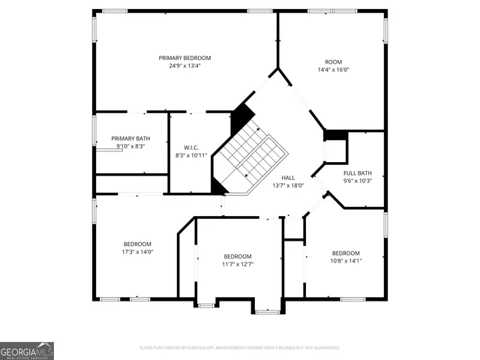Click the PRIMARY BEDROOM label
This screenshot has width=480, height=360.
tap(184, 58)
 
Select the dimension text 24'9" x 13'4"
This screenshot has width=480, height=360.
tap(184, 66)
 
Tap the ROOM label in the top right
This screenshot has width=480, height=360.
tap(333, 61)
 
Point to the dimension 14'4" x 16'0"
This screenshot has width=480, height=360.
tap(333, 70)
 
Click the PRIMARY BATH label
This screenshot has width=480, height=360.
tap(130, 139)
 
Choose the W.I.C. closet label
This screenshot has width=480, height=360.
tap(190, 147)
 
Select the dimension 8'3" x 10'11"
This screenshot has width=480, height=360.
tap(190, 155)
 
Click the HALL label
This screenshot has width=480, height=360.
tap(288, 177)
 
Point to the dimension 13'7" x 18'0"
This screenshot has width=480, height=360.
tap(288, 185)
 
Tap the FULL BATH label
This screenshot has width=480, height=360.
tap(358, 172)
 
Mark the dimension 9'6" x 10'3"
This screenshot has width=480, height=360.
tap(358, 181)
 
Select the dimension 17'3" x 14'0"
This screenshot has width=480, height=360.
tap(138, 252)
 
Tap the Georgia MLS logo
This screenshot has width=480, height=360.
tap(27, 351)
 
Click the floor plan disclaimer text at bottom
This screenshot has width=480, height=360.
tap(240, 348)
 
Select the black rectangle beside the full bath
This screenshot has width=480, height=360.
tap(335, 135)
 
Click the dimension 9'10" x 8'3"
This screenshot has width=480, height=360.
tap(130, 147)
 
